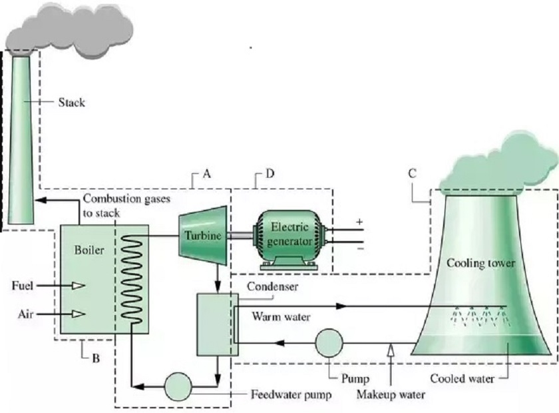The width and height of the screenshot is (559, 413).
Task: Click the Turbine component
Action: (202, 236)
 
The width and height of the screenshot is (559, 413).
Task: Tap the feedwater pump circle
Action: (178, 386)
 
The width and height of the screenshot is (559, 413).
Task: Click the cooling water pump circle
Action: (329, 343)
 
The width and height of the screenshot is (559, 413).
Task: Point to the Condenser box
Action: (218, 324)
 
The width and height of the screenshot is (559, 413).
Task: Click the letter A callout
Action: (207, 174)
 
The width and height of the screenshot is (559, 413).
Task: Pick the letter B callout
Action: (96, 358)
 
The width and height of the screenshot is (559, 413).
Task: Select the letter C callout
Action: (413, 173)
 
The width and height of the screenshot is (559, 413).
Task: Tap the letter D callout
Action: (270, 174)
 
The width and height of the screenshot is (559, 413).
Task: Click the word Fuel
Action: (23, 286)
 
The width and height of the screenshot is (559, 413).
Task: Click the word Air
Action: (26, 314)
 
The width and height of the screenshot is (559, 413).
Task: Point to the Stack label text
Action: (72, 103)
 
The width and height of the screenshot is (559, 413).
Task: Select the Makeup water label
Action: (391, 395)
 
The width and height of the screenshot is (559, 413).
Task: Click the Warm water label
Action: (281, 316)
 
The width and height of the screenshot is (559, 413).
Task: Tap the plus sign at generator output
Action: (360, 222)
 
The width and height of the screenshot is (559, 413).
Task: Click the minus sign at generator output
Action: (361, 248)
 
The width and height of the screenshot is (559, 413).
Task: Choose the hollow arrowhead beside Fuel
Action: (79, 286)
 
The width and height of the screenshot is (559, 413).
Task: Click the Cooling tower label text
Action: (480, 263)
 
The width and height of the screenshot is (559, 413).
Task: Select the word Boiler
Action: (89, 250)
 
